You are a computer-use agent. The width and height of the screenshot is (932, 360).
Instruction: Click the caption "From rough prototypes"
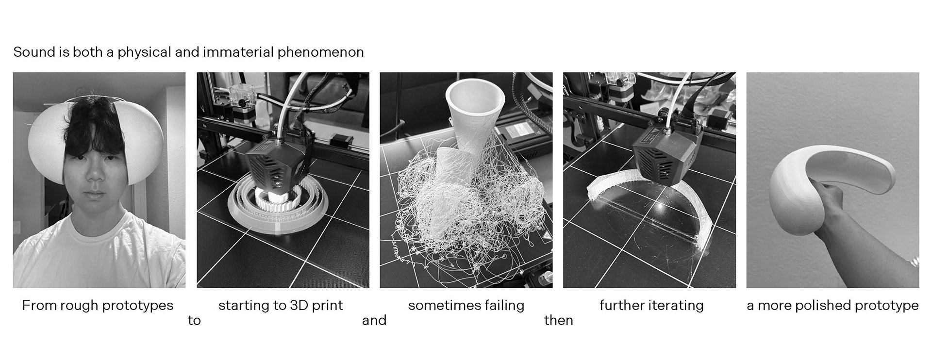coord(98,306)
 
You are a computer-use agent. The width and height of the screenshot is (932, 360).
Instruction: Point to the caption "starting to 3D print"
coord(281,306)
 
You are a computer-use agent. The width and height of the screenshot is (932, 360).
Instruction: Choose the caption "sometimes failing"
coord(466,306)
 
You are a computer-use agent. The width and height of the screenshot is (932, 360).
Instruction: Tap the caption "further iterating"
coord(651,306)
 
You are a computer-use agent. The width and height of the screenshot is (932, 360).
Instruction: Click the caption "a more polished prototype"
coord(832,306)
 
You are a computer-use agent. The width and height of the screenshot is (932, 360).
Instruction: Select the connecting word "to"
coord(194,321)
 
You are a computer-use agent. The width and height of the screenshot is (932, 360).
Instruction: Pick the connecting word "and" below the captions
coord(374,320)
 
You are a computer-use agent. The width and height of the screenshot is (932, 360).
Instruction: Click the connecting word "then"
coord(559,320)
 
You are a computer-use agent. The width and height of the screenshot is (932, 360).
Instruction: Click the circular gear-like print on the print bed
coord(279,209)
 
